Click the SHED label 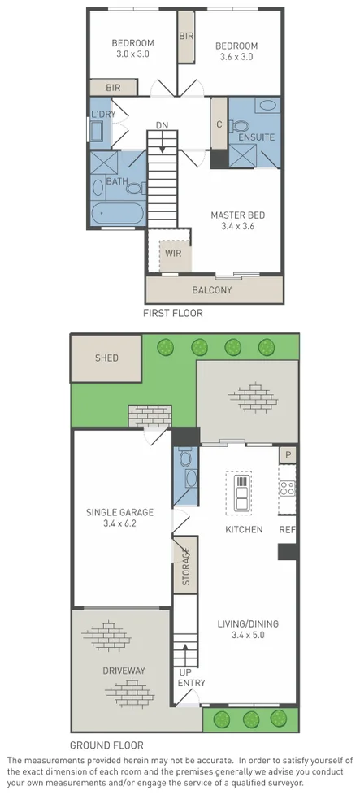106,358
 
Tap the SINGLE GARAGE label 119,512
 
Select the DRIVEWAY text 124,671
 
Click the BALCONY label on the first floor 212,290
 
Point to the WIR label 173,253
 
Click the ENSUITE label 256,137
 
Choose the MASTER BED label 238,215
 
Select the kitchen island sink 242,493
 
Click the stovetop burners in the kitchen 286,489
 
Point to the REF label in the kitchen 287,529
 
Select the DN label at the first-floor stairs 163,125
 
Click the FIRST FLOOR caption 173,312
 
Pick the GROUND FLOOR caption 106,745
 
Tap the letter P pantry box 286,454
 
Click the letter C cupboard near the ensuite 219,124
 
